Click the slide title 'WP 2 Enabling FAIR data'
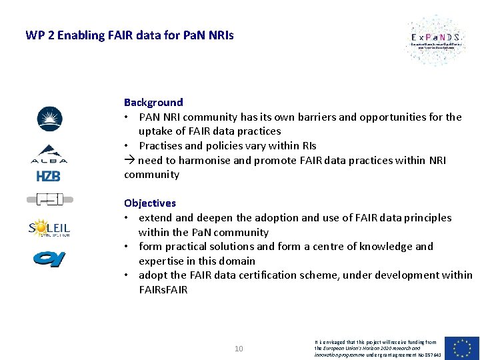(x=129, y=35)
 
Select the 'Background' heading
(x=153, y=102)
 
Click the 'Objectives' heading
(x=150, y=203)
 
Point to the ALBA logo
(x=49, y=154)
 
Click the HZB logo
(x=49, y=176)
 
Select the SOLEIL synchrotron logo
(x=49, y=229)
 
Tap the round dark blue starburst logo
(x=49, y=119)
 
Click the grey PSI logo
(x=49, y=199)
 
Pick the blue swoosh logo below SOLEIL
(x=49, y=257)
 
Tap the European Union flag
(x=462, y=347)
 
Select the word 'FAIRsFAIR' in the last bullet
(x=163, y=290)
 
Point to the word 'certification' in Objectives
(x=285, y=275)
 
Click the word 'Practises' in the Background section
(x=161, y=145)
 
